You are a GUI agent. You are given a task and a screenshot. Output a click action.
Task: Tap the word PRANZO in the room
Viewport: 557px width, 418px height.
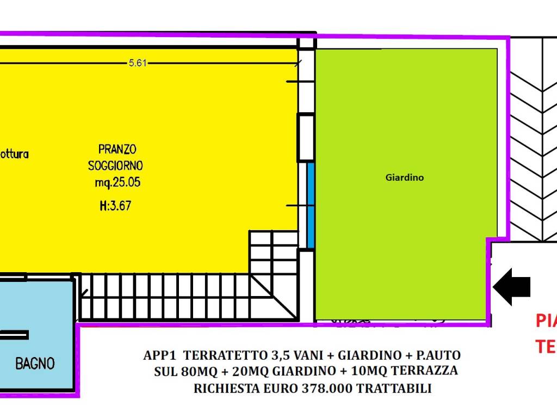[x=117, y=149]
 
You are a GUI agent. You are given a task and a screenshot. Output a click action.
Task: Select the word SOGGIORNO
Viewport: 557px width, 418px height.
[x=115, y=165]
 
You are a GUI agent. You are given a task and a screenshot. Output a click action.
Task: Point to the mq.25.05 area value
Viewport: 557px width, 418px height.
[x=117, y=183]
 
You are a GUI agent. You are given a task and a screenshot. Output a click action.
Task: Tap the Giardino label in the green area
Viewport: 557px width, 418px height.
[x=404, y=177]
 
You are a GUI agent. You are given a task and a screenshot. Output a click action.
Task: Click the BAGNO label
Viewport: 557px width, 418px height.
[x=35, y=363]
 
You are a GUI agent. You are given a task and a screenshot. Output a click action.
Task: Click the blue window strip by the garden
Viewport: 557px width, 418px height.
[x=311, y=205]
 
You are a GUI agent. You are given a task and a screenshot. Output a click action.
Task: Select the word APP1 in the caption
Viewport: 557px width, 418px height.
[x=160, y=356]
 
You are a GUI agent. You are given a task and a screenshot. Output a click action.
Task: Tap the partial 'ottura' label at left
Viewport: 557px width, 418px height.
[x=14, y=155]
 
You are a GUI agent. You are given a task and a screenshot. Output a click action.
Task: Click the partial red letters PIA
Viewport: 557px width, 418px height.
[x=546, y=321]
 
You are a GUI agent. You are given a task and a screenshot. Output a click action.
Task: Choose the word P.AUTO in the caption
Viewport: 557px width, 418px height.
[x=437, y=356]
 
